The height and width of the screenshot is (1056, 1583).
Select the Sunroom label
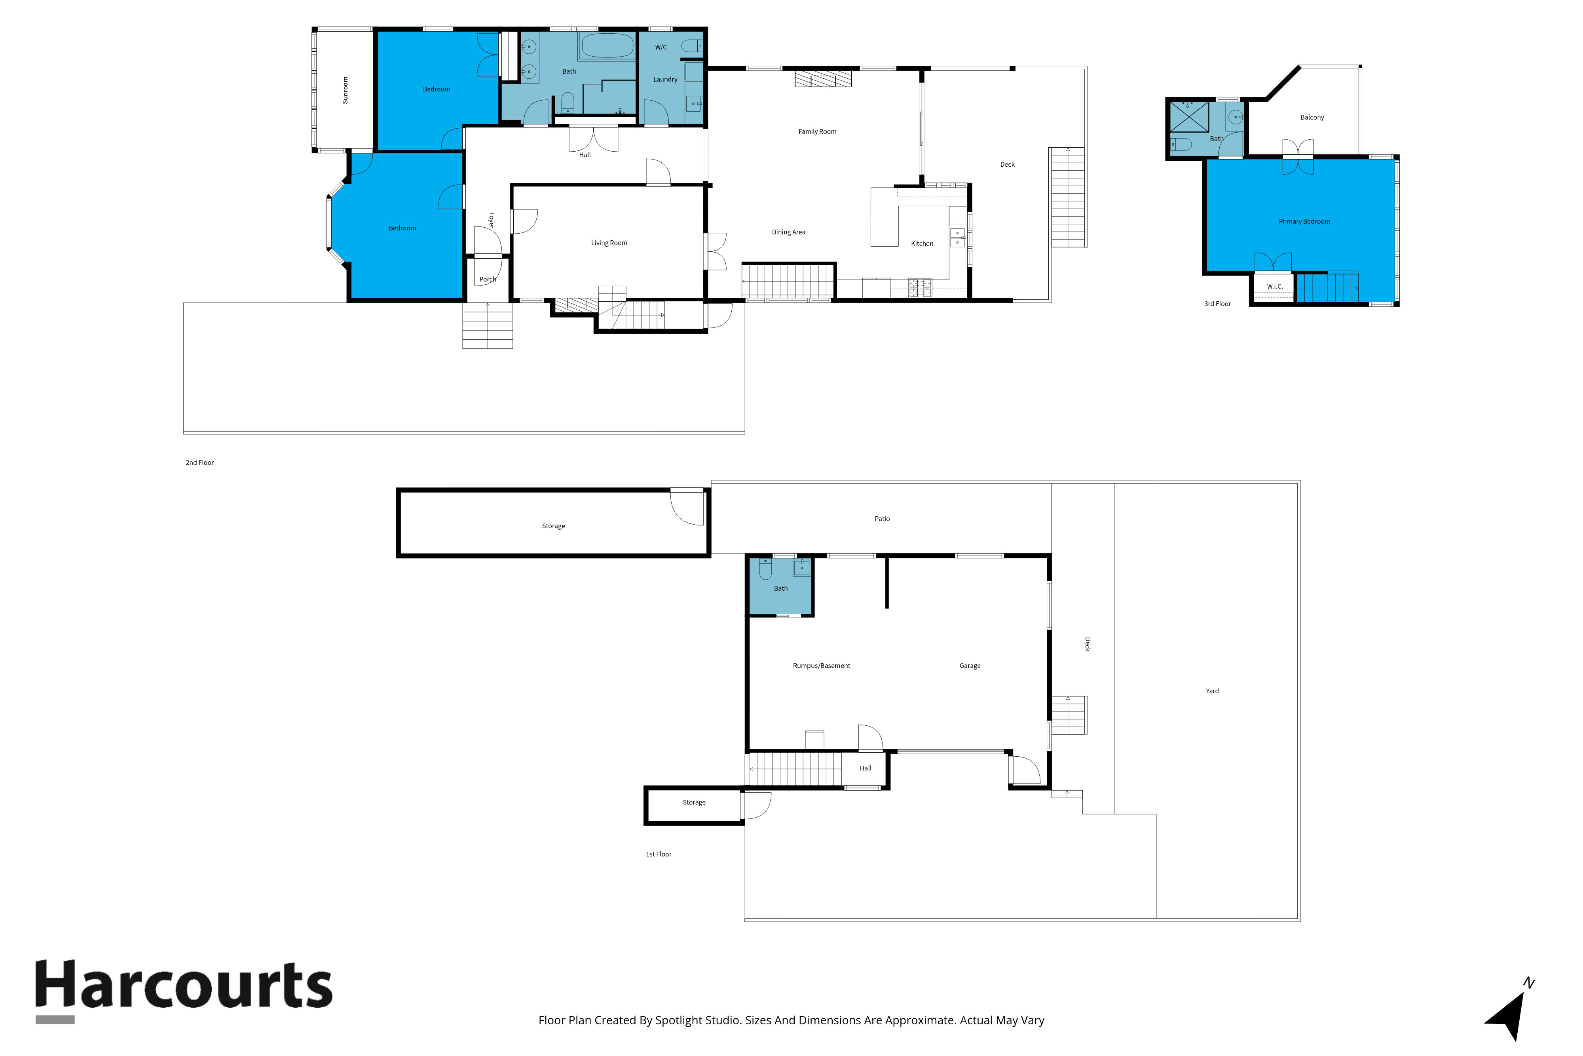pos(345,89)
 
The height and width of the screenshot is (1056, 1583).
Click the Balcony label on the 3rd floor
pos(1312,117)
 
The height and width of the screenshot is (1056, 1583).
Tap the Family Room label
pos(817,132)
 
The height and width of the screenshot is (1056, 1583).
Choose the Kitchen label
pos(922,244)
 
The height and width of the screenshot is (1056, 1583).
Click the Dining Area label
pos(788,232)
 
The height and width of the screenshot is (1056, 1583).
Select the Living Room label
pos(609,243)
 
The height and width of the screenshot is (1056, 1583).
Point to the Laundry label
pos(665,80)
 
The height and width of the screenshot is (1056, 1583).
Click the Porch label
pos(487,280)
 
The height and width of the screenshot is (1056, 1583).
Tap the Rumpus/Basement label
pos(821,666)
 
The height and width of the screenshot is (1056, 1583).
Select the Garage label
pos(970,666)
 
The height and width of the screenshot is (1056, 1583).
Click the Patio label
pos(882,519)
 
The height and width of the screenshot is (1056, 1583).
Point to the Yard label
pos(1212,691)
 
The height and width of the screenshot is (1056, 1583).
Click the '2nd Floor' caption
pos(200,463)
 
